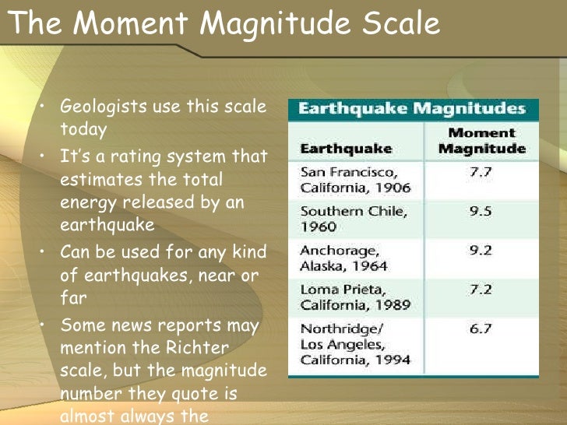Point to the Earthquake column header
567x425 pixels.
click(346, 148)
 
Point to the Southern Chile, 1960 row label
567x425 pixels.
click(342, 219)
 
